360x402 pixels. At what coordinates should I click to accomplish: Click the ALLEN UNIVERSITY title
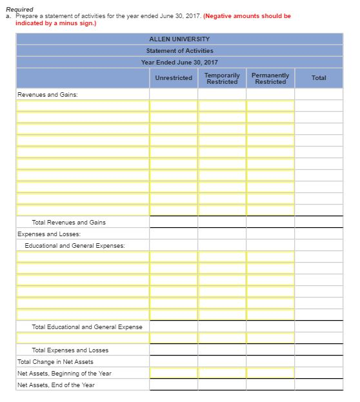[179, 39]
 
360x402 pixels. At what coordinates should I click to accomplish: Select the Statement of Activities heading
[179, 50]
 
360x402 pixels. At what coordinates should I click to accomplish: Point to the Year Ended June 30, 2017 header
[179, 62]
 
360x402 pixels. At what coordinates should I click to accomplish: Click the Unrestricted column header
[174, 78]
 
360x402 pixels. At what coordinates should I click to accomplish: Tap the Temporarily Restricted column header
[221, 78]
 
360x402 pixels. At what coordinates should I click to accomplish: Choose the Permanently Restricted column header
[270, 78]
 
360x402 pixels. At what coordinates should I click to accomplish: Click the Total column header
[319, 78]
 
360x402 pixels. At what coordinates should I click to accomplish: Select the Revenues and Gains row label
[44, 94]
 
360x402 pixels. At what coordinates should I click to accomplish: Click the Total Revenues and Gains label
[68, 222]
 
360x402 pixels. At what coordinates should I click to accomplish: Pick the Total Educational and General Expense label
[87, 327]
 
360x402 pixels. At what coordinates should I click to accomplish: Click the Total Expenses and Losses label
[70, 350]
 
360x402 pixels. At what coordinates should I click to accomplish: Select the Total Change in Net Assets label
[55, 361]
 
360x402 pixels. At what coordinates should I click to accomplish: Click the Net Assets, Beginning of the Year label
[65, 373]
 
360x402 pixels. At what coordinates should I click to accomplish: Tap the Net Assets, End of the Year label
[56, 385]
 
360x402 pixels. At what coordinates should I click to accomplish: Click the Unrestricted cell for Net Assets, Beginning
[174, 373]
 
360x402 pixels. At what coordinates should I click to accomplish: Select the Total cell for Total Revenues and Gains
[319, 222]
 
